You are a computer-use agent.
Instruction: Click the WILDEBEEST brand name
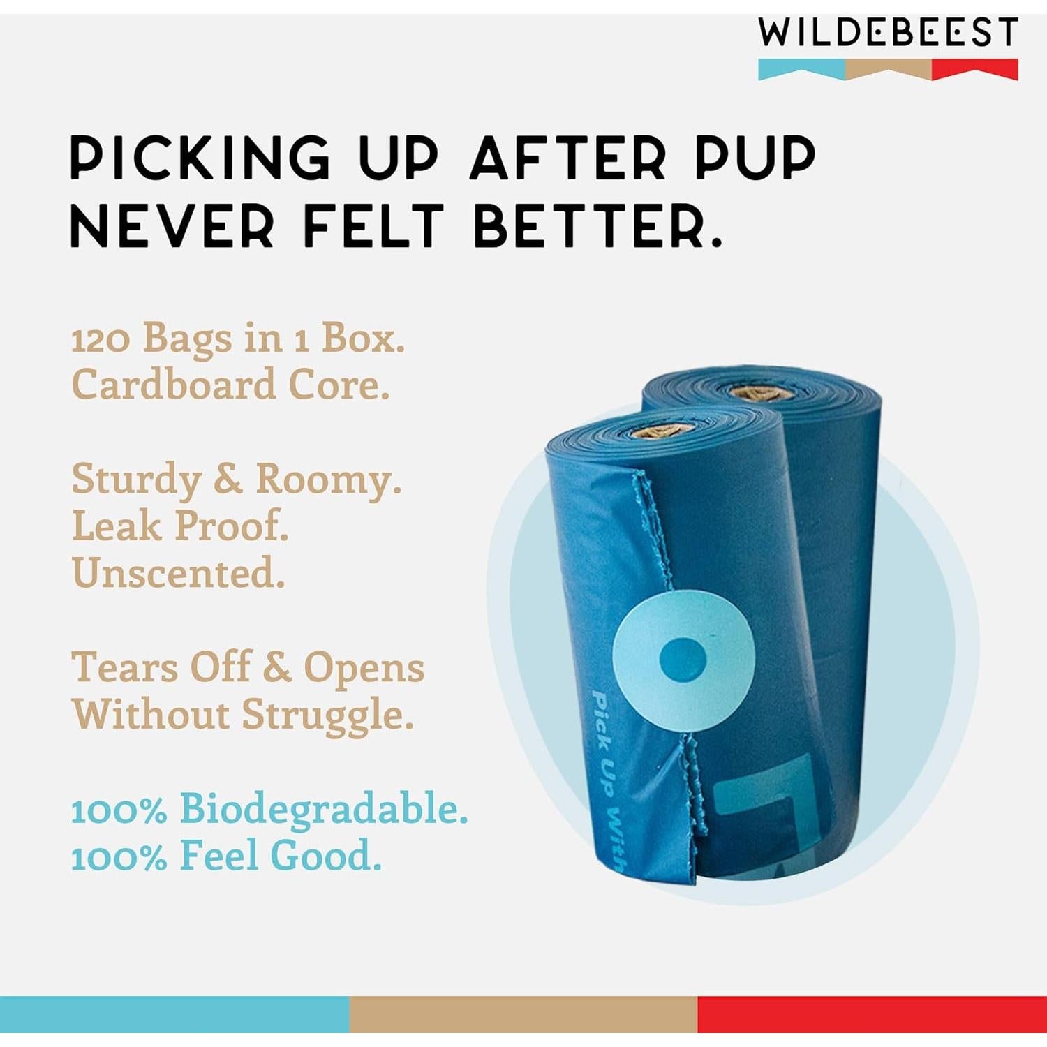[888, 33]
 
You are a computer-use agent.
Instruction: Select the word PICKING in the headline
[200, 157]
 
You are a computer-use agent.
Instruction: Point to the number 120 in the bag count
[101, 340]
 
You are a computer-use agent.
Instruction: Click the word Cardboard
[174, 385]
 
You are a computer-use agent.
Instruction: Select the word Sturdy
[137, 480]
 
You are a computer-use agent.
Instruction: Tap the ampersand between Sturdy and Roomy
[228, 480]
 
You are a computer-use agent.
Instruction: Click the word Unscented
[178, 573]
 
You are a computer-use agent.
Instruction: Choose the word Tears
[125, 667]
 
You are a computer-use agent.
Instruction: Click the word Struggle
[327, 716]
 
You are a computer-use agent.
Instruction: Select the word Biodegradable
[323, 809]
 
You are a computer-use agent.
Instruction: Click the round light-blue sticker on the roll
[683, 660]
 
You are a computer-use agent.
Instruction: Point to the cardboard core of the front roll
[661, 431]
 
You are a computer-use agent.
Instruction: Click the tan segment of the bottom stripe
[523, 1014]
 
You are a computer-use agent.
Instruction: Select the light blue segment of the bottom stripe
[174, 1014]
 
